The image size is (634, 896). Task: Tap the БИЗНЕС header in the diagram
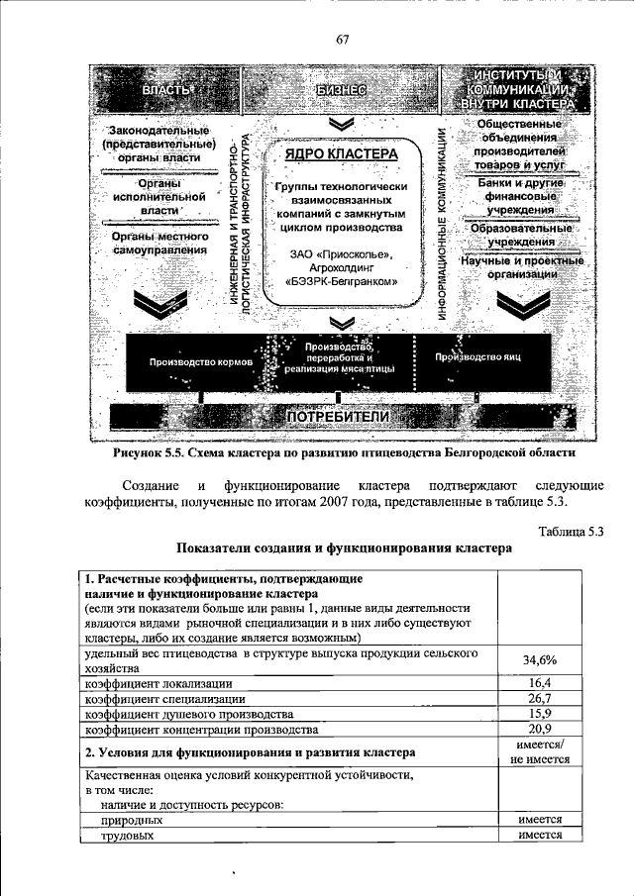[x=342, y=91]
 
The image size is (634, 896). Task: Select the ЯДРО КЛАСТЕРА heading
[x=341, y=155]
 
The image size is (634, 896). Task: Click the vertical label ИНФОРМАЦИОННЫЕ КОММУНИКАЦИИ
[x=442, y=226]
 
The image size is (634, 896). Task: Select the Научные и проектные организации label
[x=521, y=267]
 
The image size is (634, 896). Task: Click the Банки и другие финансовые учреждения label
[x=521, y=197]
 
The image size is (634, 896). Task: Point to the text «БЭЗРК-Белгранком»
[x=342, y=282]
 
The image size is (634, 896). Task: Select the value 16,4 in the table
[x=539, y=683]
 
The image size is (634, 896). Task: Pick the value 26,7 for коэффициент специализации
[x=539, y=699]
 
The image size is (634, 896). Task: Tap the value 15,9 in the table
[x=539, y=715]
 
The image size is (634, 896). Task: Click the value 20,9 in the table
[x=539, y=730]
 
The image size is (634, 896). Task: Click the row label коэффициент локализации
[x=158, y=683]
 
